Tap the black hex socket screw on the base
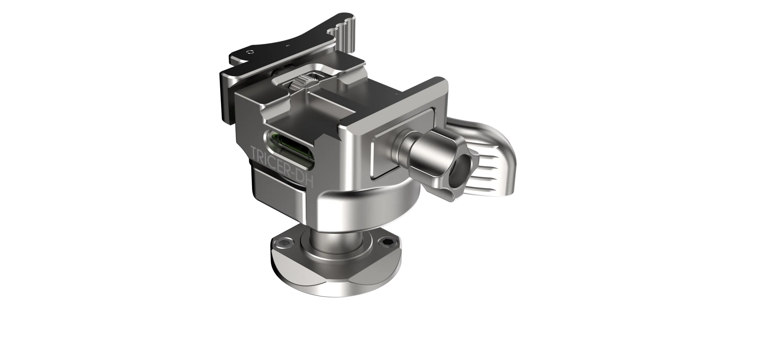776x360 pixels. (x=388, y=243)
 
